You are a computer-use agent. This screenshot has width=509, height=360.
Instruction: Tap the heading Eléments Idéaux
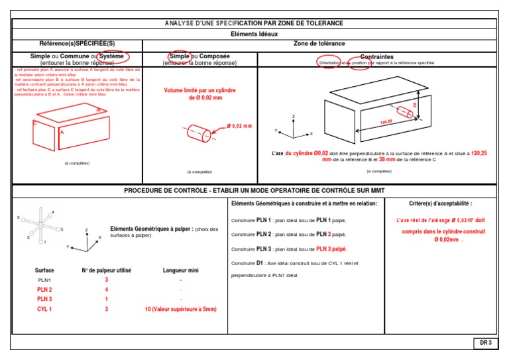point(254,33)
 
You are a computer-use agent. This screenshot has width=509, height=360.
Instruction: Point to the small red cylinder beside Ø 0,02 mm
point(199,131)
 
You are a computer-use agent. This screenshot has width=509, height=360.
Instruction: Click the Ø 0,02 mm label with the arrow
point(239,126)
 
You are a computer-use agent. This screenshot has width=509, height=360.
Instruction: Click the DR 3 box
point(486,343)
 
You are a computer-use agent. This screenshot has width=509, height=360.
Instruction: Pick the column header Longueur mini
point(180,270)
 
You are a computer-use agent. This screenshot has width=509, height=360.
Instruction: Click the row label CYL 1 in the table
point(45,309)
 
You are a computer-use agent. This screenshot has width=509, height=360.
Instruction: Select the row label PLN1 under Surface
point(44,280)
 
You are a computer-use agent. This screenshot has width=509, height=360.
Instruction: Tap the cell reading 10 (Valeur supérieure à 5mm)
point(180,309)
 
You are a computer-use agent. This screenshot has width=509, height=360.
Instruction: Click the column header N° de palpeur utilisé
point(107,270)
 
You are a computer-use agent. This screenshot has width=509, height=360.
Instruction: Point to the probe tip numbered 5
point(61,229)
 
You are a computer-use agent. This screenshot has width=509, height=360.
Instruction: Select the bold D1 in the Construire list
point(260,263)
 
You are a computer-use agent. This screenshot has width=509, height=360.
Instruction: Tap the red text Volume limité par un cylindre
point(200,90)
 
